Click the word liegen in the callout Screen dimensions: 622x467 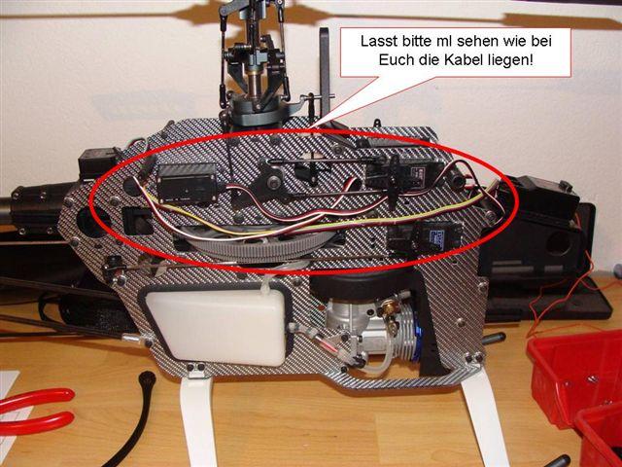click(x=510, y=60)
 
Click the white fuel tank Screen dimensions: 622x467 click(x=216, y=327)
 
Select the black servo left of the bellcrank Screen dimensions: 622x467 click(x=188, y=184)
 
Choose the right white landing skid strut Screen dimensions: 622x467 click(x=484, y=417)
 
